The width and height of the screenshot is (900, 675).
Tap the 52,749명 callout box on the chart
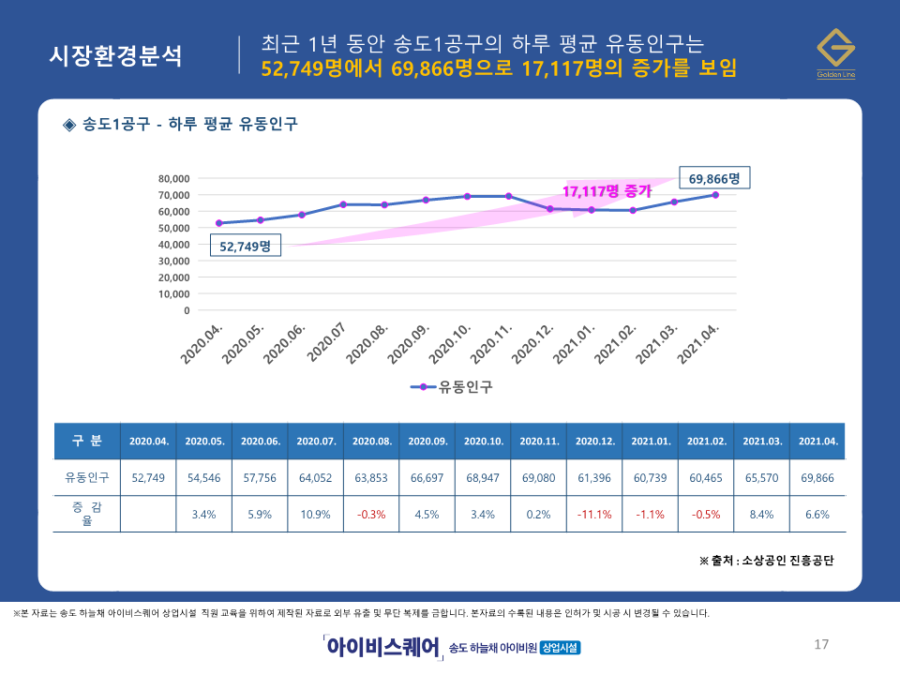pyautogui.click(x=245, y=247)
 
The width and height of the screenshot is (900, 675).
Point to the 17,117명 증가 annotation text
pyautogui.click(x=607, y=191)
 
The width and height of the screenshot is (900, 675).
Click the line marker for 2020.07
pyautogui.click(x=343, y=204)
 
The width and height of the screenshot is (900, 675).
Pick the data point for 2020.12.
pyautogui.click(x=550, y=209)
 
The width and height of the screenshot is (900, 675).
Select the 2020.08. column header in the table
pyautogui.click(x=371, y=441)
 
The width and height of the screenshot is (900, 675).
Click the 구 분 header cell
pyautogui.click(x=87, y=441)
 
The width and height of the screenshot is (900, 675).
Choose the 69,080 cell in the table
pyautogui.click(x=538, y=477)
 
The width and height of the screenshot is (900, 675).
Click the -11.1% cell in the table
pyautogui.click(x=593, y=515)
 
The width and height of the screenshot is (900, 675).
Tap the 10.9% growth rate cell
pyautogui.click(x=315, y=515)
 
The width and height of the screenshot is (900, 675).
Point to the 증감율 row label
pyautogui.click(x=87, y=515)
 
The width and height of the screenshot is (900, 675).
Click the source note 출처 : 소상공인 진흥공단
pyautogui.click(x=766, y=561)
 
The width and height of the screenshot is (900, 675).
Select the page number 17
pyautogui.click(x=821, y=644)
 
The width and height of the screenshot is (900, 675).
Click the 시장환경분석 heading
pyautogui.click(x=116, y=55)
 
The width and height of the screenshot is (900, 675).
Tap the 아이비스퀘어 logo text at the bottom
pyautogui.click(x=382, y=647)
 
